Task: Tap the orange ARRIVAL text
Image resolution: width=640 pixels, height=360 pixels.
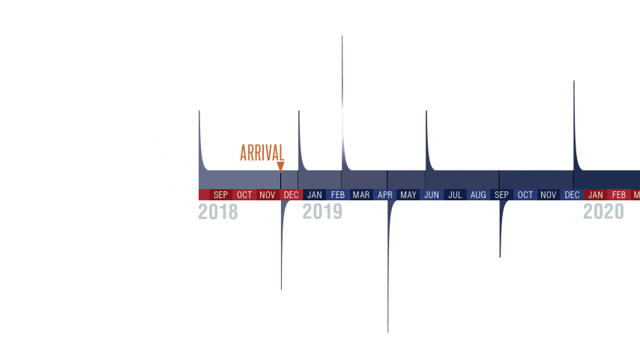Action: click(262, 152)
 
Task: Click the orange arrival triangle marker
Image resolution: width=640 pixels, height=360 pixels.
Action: click(280, 166)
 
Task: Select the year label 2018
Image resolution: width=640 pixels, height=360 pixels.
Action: click(217, 212)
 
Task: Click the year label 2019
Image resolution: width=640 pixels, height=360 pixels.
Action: click(322, 212)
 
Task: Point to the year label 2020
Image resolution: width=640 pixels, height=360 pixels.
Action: click(603, 212)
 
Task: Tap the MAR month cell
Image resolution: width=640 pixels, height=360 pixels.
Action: click(361, 195)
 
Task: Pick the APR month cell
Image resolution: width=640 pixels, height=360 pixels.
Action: click(385, 195)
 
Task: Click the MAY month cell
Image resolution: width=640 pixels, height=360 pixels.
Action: click(408, 195)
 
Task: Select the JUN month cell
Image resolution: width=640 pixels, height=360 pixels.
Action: click(432, 195)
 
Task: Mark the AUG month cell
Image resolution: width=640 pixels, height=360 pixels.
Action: click(478, 195)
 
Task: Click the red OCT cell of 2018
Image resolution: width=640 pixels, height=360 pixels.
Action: click(244, 195)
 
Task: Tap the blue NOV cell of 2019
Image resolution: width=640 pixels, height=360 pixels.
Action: click(549, 195)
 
